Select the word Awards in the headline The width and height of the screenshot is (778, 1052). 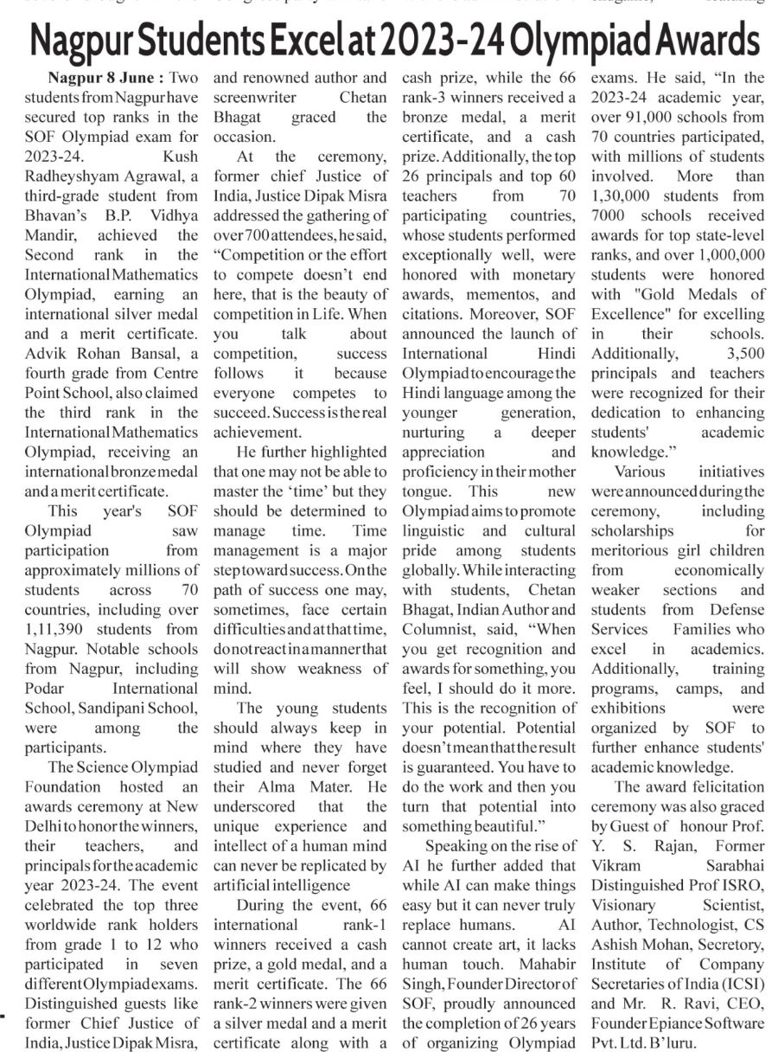tap(693, 41)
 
